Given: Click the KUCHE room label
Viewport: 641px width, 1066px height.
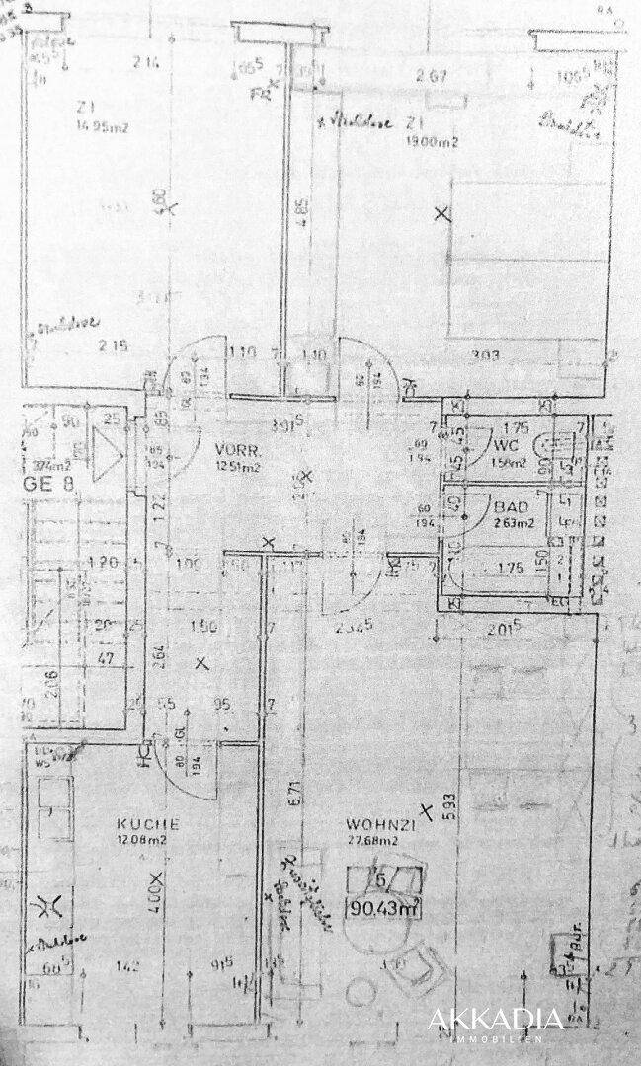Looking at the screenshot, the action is (148, 823).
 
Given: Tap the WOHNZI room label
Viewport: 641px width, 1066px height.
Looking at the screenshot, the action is (373, 824).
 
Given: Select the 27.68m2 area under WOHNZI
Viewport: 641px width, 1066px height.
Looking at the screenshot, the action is (373, 841).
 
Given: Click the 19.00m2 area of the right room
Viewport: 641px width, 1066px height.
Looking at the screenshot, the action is (433, 142).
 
